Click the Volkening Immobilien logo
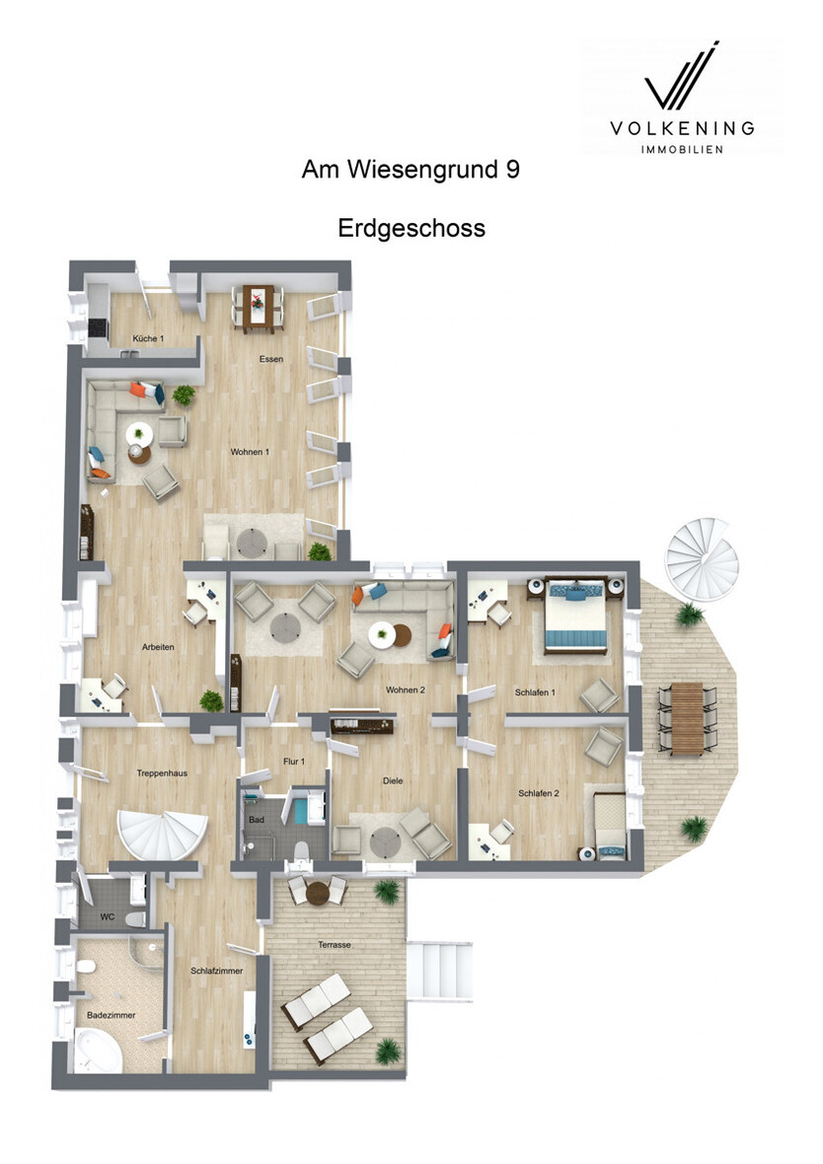(x=682, y=98)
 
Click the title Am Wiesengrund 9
(x=411, y=170)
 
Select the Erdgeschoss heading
(x=411, y=228)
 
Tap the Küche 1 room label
(x=148, y=338)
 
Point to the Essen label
(x=271, y=359)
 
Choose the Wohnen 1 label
(x=250, y=452)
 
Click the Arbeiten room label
(x=158, y=647)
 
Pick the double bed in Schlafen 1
(x=576, y=616)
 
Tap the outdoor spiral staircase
(x=702, y=554)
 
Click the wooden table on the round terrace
(x=688, y=718)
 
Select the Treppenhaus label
(x=162, y=773)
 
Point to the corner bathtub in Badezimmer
(x=98, y=1049)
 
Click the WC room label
(x=107, y=917)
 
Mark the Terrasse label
(x=335, y=945)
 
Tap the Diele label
(x=393, y=781)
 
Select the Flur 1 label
(x=294, y=762)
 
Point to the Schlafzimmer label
(x=217, y=971)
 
